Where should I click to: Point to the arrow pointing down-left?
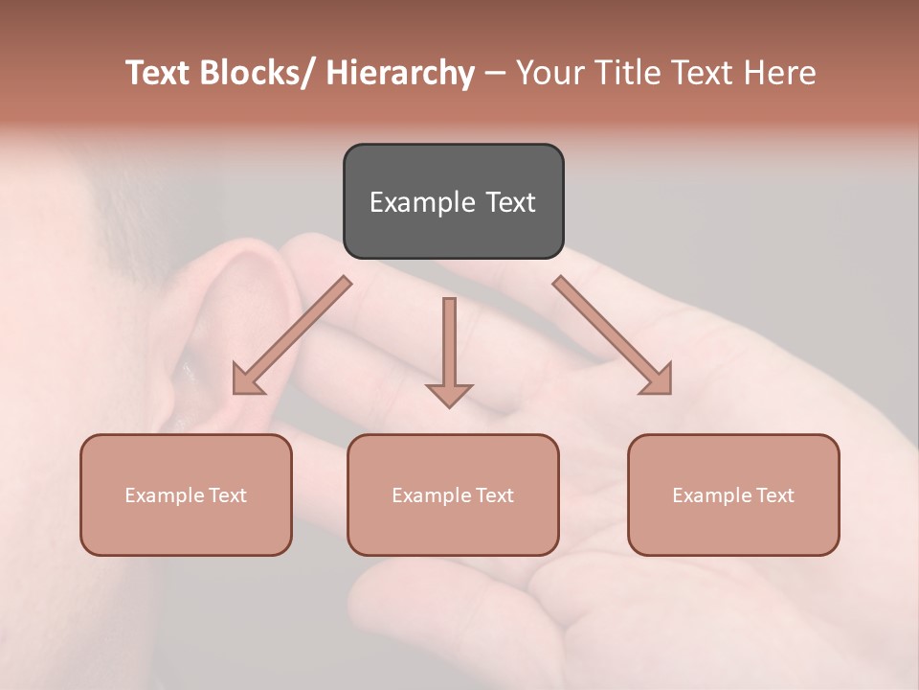tap(289, 337)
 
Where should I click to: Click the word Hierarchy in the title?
tap(399, 73)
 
